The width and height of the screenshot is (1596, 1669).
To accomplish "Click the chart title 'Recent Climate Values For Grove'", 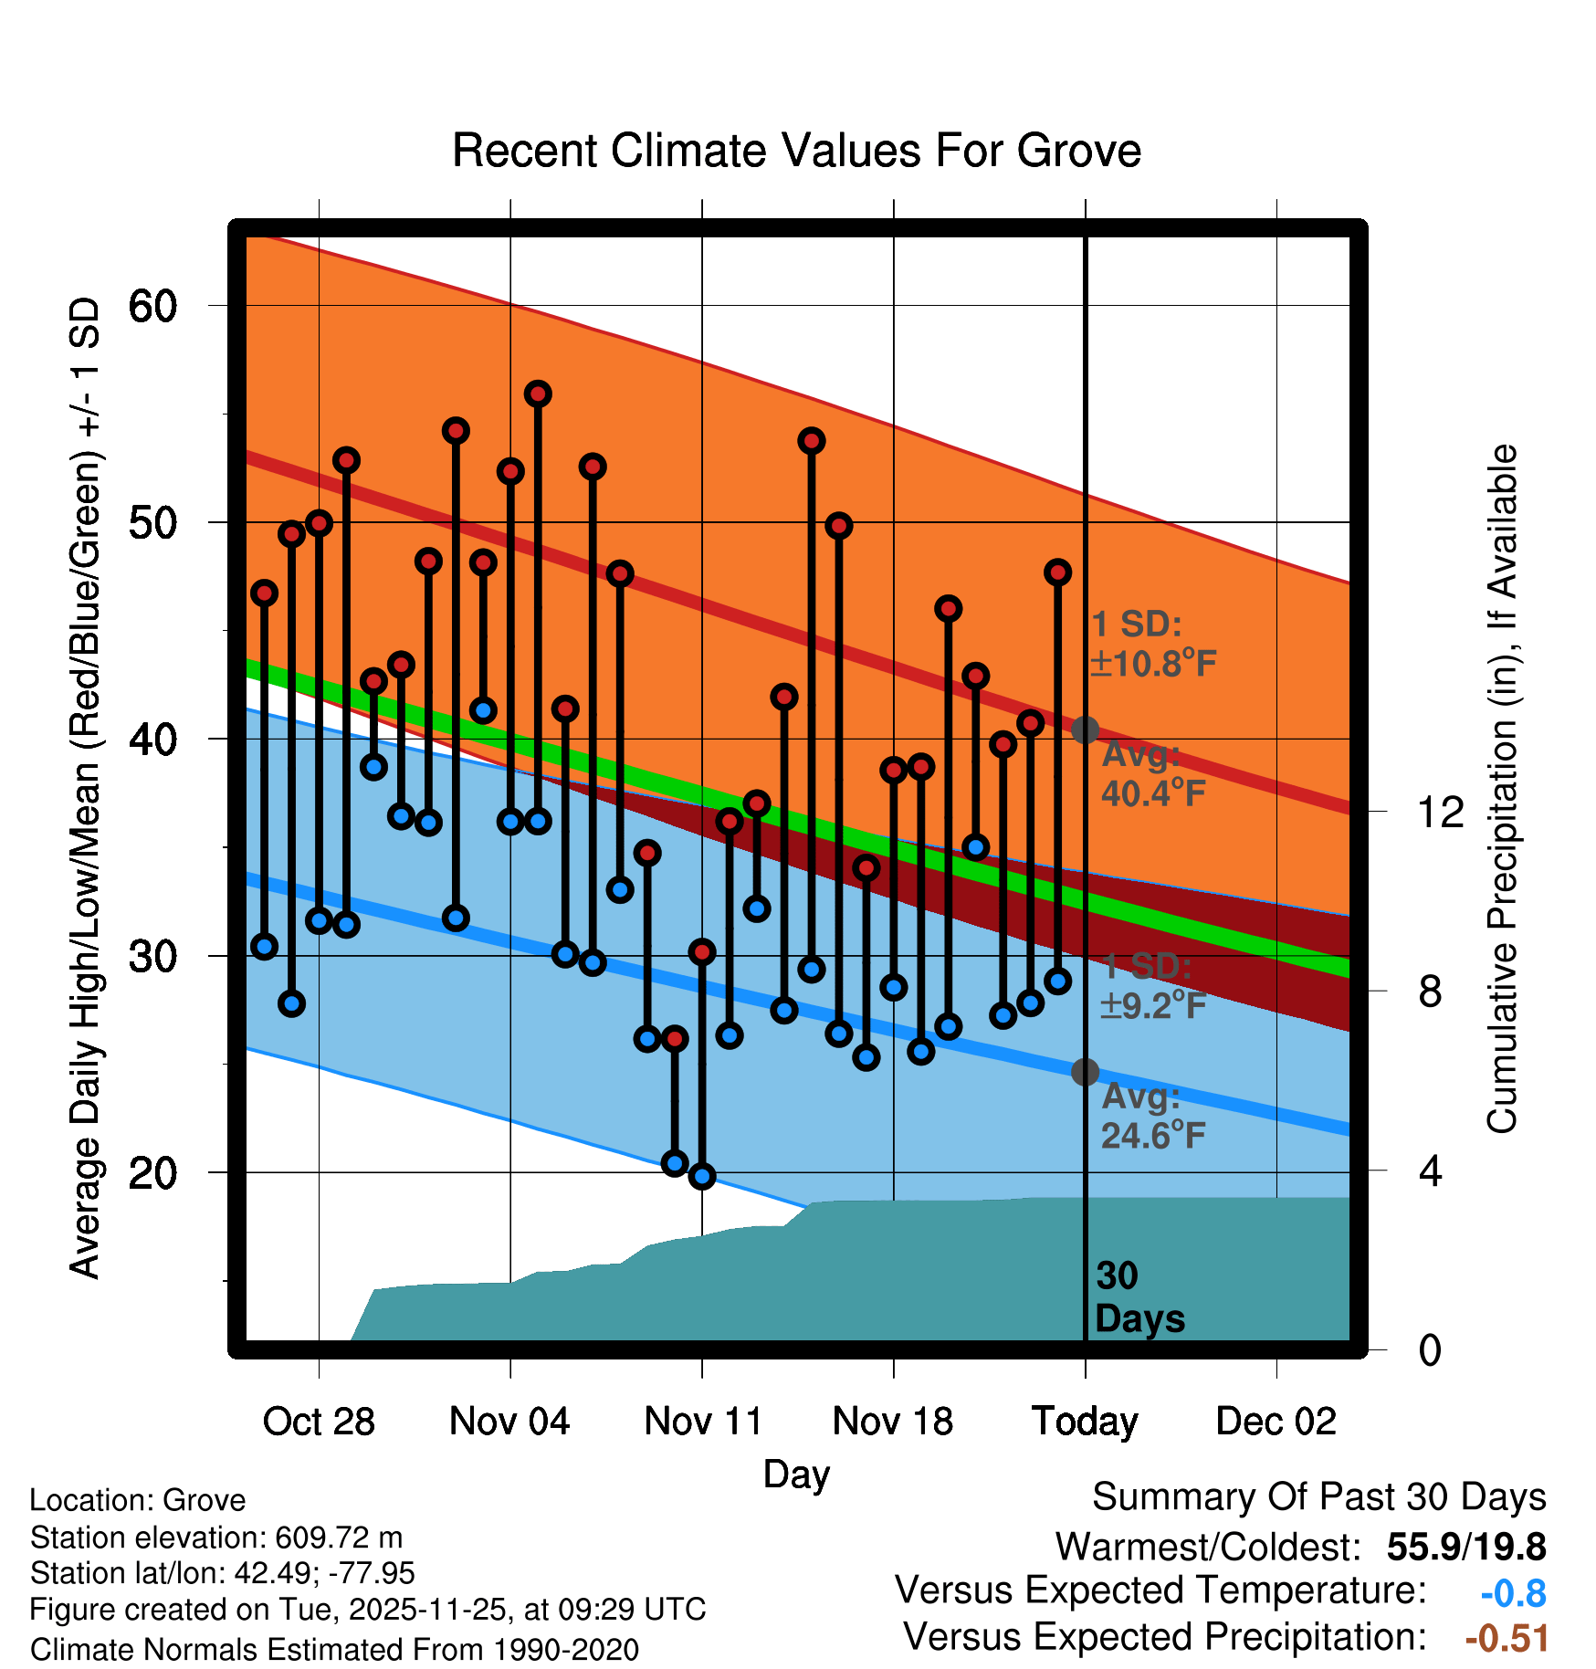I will [796, 152].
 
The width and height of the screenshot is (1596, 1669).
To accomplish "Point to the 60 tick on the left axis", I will [152, 306].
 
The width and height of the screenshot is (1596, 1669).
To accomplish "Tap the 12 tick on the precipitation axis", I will [1440, 812].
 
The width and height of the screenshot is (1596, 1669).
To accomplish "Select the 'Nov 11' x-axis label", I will [702, 1422].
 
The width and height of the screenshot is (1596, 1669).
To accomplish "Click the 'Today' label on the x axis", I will [1085, 1422].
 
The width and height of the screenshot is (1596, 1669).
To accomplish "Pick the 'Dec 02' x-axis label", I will [1276, 1422].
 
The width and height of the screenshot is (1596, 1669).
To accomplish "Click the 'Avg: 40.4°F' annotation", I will [1153, 774].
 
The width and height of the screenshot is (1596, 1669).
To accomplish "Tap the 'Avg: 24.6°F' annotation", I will [1153, 1117].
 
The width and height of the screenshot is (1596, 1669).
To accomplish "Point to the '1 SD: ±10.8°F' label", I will [1153, 644].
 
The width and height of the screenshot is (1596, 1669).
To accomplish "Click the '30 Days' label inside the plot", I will [1139, 1297].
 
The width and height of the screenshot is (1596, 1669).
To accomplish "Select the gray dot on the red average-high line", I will [1085, 730].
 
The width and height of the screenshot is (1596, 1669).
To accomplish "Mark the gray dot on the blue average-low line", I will [1085, 1072].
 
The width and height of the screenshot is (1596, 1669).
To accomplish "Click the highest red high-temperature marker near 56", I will [538, 394].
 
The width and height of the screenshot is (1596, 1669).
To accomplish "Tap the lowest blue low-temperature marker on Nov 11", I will [702, 1176].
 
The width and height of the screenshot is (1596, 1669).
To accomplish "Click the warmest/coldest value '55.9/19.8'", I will [1465, 1548].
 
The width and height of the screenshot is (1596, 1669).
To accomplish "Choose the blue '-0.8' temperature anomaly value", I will [1513, 1594].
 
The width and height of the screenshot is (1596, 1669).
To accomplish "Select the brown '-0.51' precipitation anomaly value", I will [1507, 1639].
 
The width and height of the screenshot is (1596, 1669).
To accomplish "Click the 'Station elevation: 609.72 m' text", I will [216, 1538].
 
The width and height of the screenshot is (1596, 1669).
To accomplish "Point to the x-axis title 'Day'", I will [796, 1475].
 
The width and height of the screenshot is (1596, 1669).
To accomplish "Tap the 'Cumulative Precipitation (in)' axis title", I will [1502, 789].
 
